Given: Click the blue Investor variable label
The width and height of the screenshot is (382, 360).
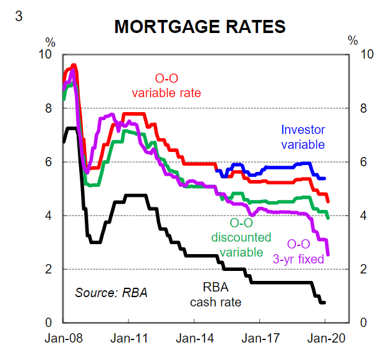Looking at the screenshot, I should pos(303,137).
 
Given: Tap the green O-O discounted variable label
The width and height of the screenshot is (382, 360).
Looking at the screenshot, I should pos(241,237).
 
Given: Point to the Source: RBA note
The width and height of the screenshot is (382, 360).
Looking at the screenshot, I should pos(111,291).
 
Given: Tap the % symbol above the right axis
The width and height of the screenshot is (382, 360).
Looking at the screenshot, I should pos(353,42).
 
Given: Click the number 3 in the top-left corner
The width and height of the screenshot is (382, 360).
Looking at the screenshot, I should pos(19,16).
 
